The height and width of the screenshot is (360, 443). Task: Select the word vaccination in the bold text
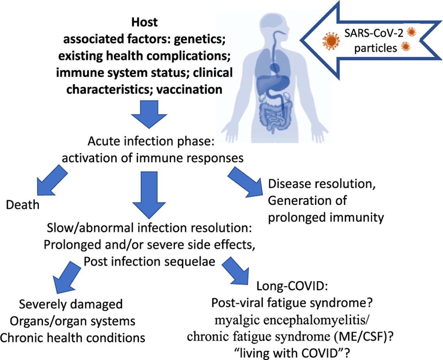click(186, 89)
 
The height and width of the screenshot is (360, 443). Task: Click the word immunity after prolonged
click(358, 217)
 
